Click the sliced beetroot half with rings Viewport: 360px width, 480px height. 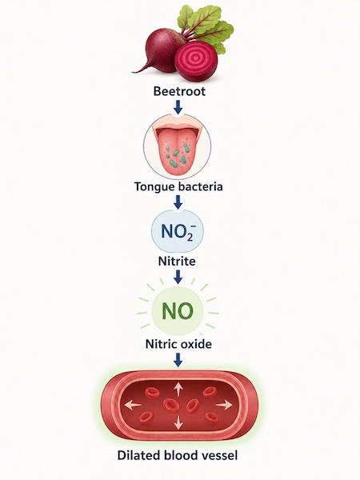[x=196, y=62]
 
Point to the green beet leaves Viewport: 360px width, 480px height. [x=207, y=26]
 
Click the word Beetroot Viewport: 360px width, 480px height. [x=179, y=91]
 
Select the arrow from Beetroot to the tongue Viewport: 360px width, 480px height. [x=178, y=107]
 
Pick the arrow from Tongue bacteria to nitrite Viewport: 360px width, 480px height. [x=178, y=202]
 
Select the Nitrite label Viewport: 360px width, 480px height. [x=177, y=261]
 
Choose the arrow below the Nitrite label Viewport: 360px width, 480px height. [x=178, y=277]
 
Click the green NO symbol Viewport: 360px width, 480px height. [x=178, y=311]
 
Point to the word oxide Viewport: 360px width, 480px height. [x=196, y=344]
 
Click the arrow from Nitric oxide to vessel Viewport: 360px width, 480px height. [x=178, y=360]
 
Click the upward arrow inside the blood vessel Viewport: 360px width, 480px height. [x=178, y=390]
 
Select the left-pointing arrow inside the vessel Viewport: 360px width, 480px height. [x=133, y=406]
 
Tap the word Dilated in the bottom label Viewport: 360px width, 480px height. [x=139, y=455]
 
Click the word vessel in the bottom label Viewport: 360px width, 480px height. [x=219, y=455]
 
